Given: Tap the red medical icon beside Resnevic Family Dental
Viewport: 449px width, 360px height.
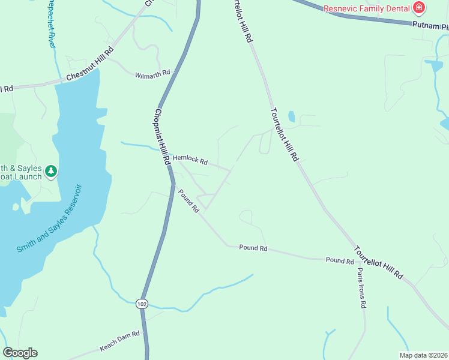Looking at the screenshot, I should [x=419, y=8].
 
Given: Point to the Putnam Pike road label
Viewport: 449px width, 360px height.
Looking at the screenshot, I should [x=430, y=26].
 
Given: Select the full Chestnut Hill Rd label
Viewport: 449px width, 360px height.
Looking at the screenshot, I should [x=90, y=66].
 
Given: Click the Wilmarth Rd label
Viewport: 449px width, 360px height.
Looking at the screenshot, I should [x=152, y=74].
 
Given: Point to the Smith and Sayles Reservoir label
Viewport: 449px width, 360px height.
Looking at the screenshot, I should [x=49, y=219].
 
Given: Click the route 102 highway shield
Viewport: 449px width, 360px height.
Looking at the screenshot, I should [x=142, y=304].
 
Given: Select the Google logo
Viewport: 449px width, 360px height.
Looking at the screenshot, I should [x=20, y=353].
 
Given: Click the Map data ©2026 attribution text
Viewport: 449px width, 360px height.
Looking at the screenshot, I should [x=423, y=355].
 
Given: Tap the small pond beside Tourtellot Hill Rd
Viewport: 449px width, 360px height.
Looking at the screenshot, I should [x=292, y=116].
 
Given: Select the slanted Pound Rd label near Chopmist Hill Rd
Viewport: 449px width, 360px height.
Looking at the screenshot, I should [x=188, y=200].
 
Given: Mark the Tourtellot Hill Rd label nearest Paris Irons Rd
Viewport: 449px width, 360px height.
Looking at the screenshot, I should [x=378, y=262].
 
